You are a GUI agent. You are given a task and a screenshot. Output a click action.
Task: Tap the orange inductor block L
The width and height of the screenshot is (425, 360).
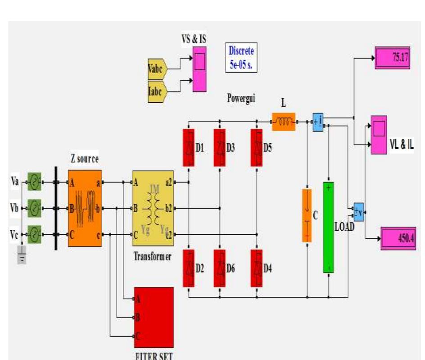(x=283, y=122)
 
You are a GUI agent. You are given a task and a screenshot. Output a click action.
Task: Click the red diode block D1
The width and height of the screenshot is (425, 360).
(x=188, y=147)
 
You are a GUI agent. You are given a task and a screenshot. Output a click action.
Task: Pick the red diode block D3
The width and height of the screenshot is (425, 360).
(x=220, y=147)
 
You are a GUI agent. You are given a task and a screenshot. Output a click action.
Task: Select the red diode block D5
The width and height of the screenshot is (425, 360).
(x=257, y=147)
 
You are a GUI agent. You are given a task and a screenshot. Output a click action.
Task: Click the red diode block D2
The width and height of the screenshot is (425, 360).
(x=188, y=268)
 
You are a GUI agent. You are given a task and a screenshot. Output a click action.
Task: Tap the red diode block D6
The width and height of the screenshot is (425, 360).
(x=220, y=268)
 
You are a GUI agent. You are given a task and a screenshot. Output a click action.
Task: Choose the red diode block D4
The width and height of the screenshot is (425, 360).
(x=257, y=268)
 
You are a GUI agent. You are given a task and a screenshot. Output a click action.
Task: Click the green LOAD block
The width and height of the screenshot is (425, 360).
(x=329, y=227)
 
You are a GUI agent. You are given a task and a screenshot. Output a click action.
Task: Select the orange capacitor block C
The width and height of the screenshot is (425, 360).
(x=307, y=215)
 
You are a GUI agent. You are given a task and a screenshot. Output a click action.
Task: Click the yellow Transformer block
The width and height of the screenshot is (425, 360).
(x=153, y=208)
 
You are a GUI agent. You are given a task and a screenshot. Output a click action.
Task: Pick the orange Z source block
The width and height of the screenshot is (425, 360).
(x=85, y=208)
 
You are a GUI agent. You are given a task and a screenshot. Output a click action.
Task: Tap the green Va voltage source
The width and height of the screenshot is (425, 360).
(x=34, y=182)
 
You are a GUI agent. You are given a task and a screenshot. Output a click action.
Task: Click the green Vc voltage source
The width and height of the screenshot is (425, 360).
(x=34, y=234)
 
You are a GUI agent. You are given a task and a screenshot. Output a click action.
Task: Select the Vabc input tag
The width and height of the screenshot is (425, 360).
(x=158, y=69)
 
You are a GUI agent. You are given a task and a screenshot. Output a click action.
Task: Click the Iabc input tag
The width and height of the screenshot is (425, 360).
(x=158, y=91)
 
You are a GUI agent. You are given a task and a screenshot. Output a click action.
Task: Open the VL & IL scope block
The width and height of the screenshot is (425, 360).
(x=379, y=135)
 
